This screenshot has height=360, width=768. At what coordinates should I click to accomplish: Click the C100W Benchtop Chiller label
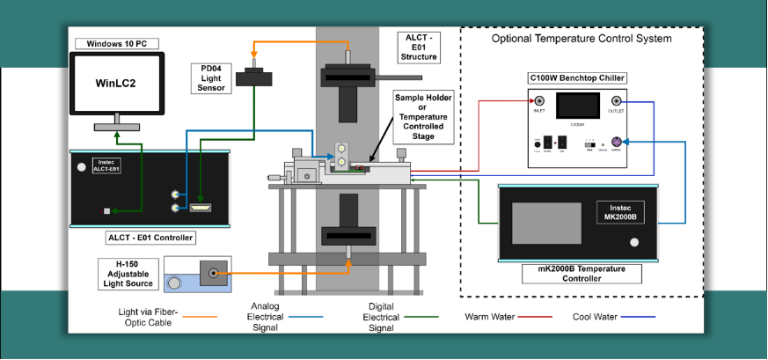(577, 79)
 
